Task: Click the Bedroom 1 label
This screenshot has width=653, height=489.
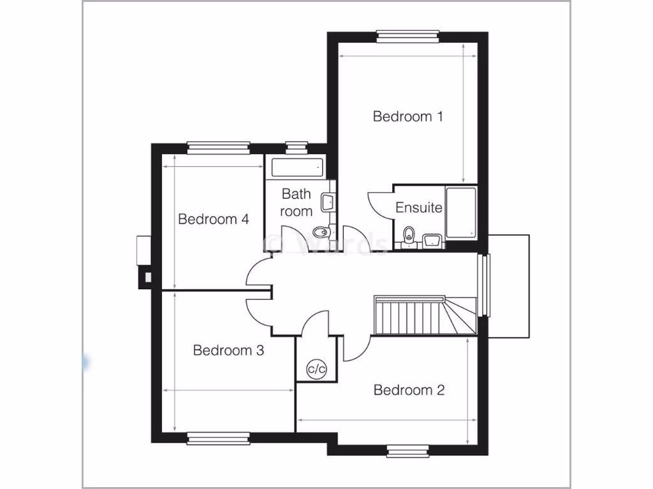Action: [407, 117]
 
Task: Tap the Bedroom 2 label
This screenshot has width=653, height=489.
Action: [408, 390]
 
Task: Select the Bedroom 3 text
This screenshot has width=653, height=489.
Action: [228, 350]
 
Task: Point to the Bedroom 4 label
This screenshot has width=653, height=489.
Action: [213, 220]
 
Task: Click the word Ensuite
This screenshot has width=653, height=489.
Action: [419, 208]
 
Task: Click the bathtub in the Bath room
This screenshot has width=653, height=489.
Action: [297, 168]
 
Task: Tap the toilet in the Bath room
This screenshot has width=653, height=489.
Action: [321, 232]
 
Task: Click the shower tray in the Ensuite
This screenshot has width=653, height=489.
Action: [460, 213]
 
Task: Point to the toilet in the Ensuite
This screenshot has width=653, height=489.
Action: [409, 234]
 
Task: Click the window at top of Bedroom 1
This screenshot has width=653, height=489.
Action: [408, 36]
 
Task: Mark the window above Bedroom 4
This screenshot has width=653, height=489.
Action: [218, 147]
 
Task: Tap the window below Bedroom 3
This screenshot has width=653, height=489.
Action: [218, 437]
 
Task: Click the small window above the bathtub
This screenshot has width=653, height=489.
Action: [296, 147]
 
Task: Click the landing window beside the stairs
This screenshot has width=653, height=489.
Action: [485, 285]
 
